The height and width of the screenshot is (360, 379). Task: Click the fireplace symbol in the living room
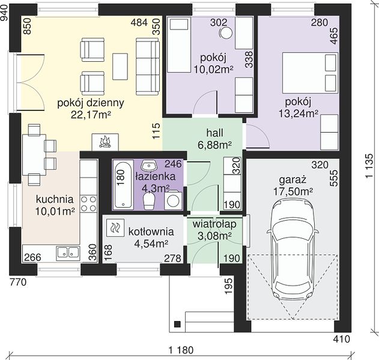point(105,142)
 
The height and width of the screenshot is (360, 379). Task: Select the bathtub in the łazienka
point(123,184)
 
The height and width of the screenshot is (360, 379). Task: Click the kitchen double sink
point(68,254)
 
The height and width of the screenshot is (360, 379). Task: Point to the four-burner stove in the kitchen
point(89,203)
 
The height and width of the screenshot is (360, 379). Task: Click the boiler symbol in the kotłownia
point(115,227)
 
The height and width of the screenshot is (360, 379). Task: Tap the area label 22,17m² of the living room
point(91,115)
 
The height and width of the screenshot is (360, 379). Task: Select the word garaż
point(293,180)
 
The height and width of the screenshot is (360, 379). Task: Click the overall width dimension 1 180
point(181,350)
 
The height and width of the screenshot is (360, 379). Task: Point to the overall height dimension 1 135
point(369,166)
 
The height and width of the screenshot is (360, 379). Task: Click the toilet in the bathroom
point(149,201)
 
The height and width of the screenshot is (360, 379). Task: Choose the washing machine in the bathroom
point(173,200)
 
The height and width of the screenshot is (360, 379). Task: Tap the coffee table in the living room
point(120,67)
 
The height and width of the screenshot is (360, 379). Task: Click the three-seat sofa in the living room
point(148,66)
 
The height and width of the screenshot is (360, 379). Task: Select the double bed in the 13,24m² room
point(310,73)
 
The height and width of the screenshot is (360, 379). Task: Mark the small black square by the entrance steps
point(177,324)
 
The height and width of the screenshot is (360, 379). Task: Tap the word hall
point(214,133)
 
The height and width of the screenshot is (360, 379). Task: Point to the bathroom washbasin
point(149,166)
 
